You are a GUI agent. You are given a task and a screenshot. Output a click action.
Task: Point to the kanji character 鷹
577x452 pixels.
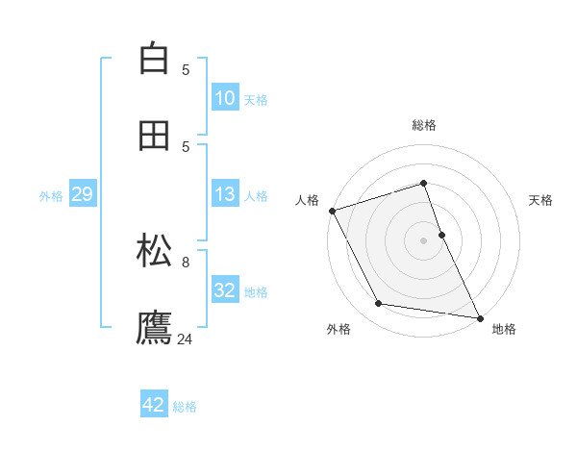(154, 327)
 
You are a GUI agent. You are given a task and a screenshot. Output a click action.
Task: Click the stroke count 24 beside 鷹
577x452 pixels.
(186, 339)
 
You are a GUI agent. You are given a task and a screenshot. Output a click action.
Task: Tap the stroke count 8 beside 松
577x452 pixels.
(186, 261)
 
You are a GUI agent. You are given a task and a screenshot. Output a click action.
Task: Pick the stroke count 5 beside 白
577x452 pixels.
(186, 69)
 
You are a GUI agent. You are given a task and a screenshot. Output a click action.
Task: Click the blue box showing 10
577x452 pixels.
(225, 98)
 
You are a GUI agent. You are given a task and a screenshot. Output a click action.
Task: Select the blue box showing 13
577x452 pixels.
(225, 194)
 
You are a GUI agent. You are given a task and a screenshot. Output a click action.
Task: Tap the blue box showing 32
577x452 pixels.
(225, 290)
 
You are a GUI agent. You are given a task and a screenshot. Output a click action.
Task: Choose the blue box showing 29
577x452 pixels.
(83, 195)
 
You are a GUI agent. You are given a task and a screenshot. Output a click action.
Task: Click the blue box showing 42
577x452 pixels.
(154, 405)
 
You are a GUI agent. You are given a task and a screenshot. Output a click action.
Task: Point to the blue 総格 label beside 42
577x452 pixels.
(186, 407)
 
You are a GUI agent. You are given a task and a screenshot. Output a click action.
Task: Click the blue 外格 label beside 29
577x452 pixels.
(51, 196)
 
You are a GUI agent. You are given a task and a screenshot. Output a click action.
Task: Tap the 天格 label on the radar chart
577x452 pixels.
(541, 200)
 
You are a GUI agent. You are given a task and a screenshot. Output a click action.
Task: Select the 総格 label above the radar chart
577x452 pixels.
(424, 125)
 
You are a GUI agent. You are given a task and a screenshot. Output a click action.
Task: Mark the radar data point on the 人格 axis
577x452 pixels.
(332, 211)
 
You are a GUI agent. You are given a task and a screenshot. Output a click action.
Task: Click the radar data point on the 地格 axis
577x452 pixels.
(480, 317)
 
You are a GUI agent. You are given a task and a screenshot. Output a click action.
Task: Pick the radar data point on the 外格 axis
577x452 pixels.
(379, 304)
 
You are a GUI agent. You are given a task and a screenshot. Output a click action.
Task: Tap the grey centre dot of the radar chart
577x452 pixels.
(424, 240)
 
